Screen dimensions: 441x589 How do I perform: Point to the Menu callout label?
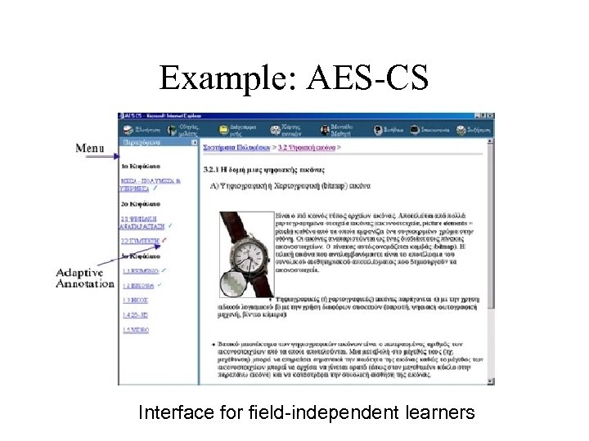[x=90, y=148]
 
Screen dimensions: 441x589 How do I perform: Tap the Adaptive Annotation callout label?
[x=85, y=278]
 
